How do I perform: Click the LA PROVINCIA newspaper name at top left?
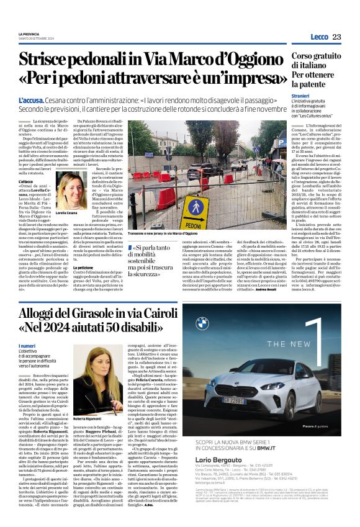[29, 34]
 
